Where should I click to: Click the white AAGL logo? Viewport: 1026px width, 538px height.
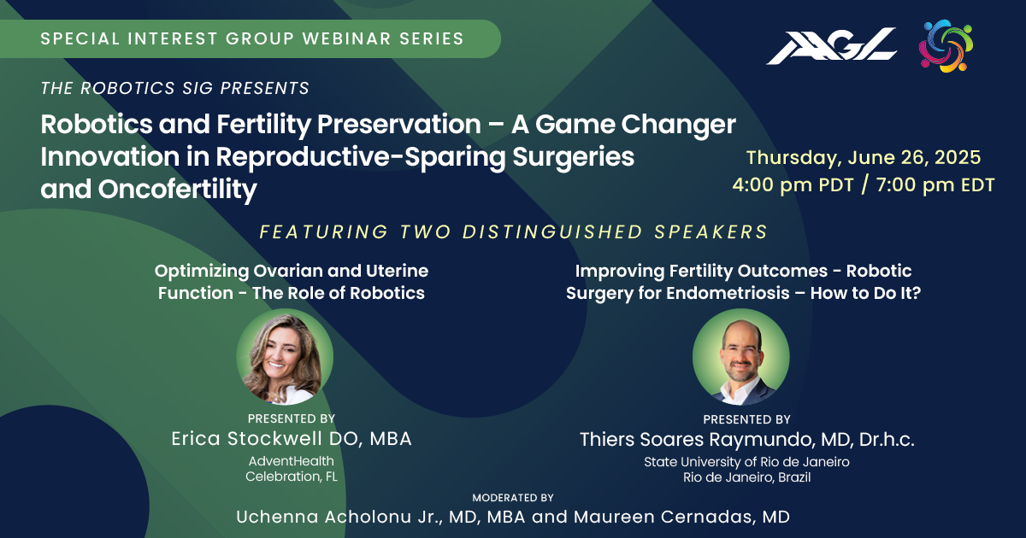831,46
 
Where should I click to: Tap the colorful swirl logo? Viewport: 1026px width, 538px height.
946,46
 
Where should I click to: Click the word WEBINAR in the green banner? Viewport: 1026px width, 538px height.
345,38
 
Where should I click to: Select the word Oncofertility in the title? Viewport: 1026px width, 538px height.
177,190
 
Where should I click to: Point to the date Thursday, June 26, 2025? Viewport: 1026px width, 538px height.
864,158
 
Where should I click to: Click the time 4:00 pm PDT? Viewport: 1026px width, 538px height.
793,185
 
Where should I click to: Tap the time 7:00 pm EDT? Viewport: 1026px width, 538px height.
935,185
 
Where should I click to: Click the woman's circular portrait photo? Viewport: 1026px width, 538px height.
285,357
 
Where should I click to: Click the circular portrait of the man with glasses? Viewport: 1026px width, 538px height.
741,357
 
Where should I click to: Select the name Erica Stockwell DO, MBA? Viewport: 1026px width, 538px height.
292,439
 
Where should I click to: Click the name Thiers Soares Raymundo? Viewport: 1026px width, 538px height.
696,440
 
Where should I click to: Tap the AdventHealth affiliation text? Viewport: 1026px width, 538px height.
292,460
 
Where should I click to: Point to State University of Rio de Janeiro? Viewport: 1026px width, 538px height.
746,462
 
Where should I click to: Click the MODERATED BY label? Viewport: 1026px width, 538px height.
513,498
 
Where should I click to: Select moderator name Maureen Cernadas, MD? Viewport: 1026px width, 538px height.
681,517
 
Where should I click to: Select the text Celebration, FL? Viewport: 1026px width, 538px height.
292,477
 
